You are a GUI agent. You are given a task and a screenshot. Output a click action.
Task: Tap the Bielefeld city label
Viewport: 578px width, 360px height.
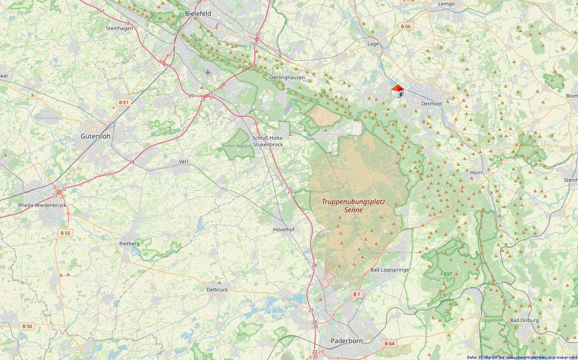[x=198, y=14]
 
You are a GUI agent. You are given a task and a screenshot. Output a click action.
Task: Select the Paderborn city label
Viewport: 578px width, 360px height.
[x=347, y=341]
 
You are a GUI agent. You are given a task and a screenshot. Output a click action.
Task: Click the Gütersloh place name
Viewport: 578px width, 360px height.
[x=95, y=136]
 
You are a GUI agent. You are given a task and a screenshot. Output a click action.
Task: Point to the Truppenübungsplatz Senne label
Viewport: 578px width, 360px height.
[x=353, y=206]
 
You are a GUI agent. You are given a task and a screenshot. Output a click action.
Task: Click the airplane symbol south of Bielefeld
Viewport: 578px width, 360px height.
[x=208, y=72]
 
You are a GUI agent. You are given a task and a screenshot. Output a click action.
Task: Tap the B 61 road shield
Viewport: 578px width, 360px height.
[x=123, y=102]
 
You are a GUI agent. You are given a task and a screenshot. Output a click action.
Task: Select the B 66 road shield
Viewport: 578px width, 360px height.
[x=405, y=27]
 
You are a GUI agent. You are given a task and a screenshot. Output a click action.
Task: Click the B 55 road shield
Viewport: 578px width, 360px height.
[x=65, y=233]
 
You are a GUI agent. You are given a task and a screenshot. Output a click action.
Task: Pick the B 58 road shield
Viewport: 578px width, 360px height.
[x=27, y=326]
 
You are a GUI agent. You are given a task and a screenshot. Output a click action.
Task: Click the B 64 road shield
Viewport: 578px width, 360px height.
[x=389, y=343]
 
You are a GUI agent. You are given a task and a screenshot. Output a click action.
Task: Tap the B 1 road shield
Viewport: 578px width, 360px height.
[x=356, y=294]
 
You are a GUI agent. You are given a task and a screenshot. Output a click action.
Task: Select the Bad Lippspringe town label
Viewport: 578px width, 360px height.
[x=390, y=270]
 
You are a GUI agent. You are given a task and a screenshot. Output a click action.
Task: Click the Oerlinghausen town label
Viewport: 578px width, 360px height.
[x=287, y=77]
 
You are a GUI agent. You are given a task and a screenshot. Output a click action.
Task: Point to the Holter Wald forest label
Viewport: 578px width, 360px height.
[x=234, y=145]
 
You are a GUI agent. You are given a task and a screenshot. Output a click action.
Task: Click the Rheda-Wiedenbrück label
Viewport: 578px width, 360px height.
[x=42, y=205]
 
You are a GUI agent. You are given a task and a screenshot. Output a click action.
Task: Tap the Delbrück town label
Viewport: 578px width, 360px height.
[x=217, y=290]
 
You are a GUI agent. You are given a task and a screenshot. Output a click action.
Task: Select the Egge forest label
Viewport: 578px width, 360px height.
[x=446, y=273]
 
